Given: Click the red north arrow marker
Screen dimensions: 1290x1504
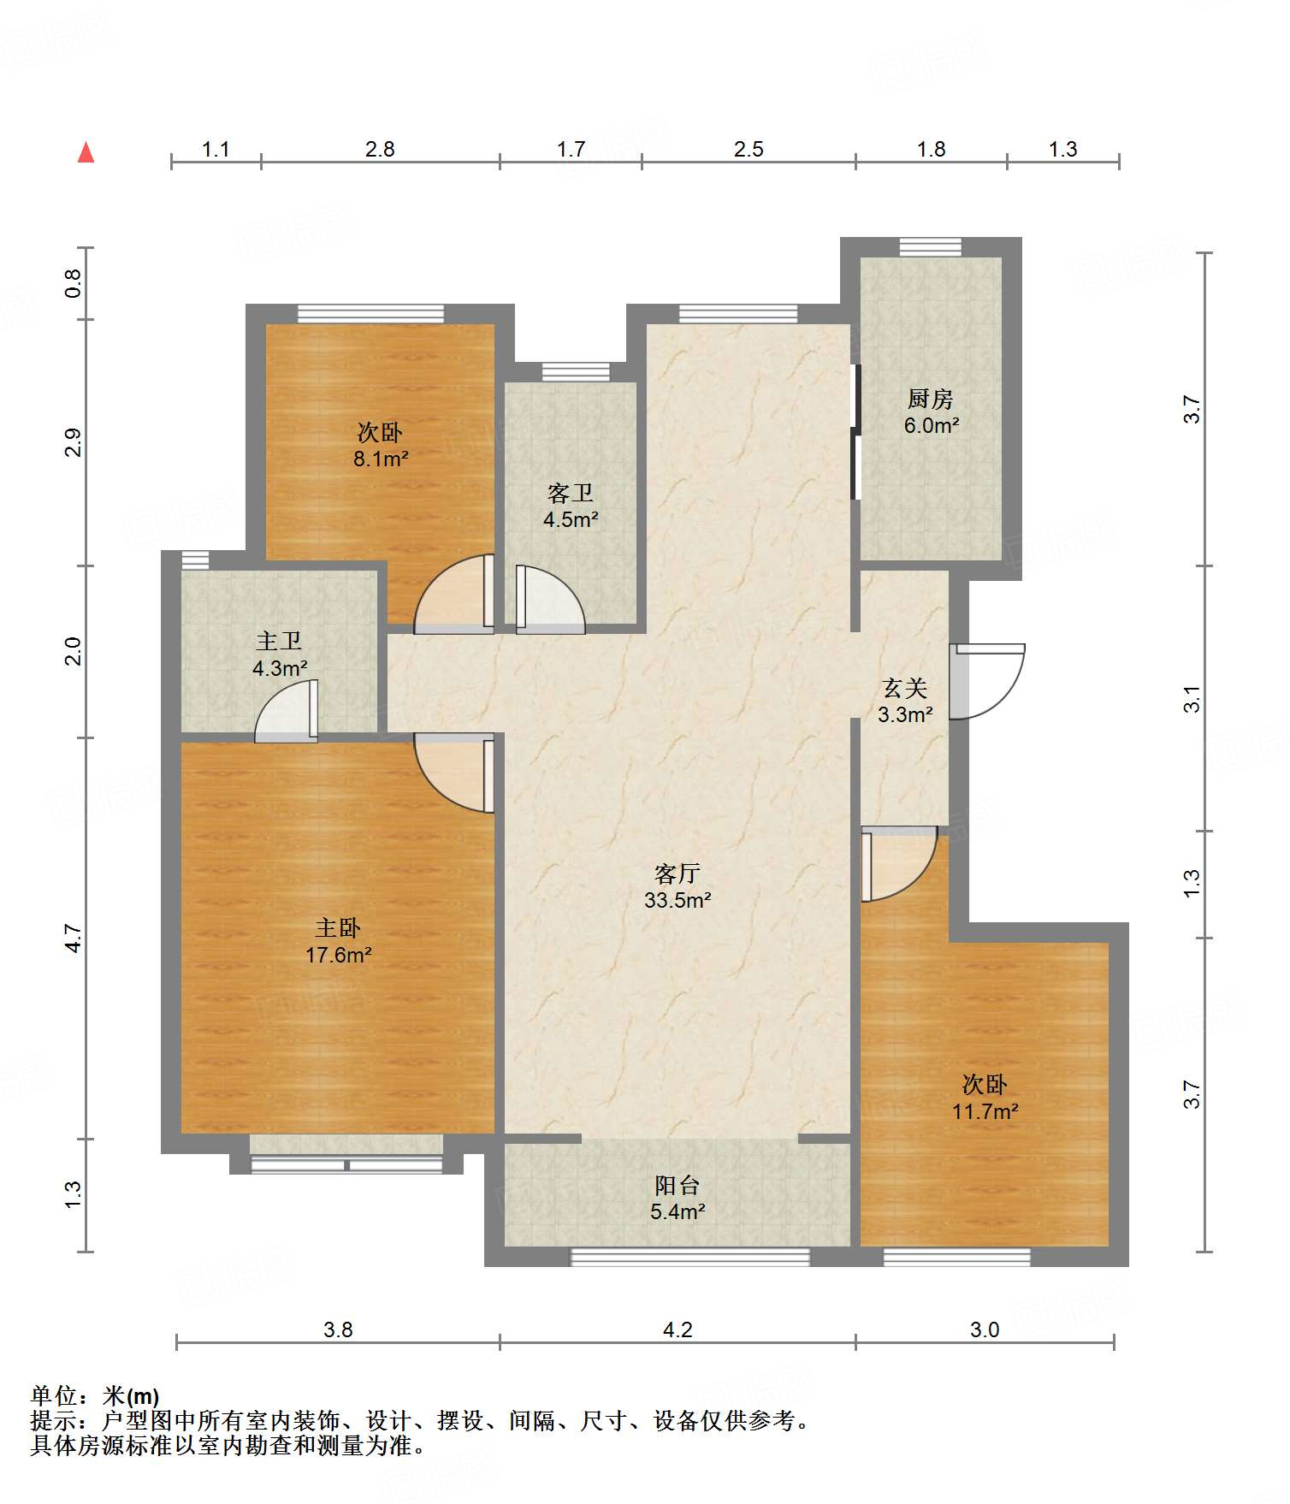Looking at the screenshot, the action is pos(86,152).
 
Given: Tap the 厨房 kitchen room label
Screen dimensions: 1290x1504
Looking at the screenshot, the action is pos(931,412).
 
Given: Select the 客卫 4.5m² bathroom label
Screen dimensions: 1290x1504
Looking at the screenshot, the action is pos(571,506).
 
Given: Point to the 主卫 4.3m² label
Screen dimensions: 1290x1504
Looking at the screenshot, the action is pos(279,654).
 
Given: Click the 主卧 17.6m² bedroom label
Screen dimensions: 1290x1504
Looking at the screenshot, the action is pos(338,941).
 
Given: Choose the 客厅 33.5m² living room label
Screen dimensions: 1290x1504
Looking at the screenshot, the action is pos(678,886).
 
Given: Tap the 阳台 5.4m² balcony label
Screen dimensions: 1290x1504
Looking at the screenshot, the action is pos(677,1198).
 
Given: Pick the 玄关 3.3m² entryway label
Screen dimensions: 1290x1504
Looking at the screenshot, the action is pos(904,701).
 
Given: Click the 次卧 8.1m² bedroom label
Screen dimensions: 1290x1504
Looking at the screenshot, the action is pos(380,445).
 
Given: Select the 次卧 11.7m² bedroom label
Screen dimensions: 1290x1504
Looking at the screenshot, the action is pos(985,1098).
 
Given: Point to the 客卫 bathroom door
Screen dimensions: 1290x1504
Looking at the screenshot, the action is pos(551,599).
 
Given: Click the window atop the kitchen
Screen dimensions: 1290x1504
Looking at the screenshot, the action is pos(930,247).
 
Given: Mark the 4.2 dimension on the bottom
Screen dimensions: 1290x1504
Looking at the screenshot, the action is pos(678,1329).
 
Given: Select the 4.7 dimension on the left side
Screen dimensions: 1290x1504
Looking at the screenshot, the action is pos(74,939).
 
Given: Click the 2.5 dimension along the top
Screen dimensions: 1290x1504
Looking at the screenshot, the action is pos(749,149).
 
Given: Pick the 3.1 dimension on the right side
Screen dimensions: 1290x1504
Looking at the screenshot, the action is pos(1192,699).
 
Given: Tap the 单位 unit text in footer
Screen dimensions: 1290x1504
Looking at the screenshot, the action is pos(54,1396).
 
